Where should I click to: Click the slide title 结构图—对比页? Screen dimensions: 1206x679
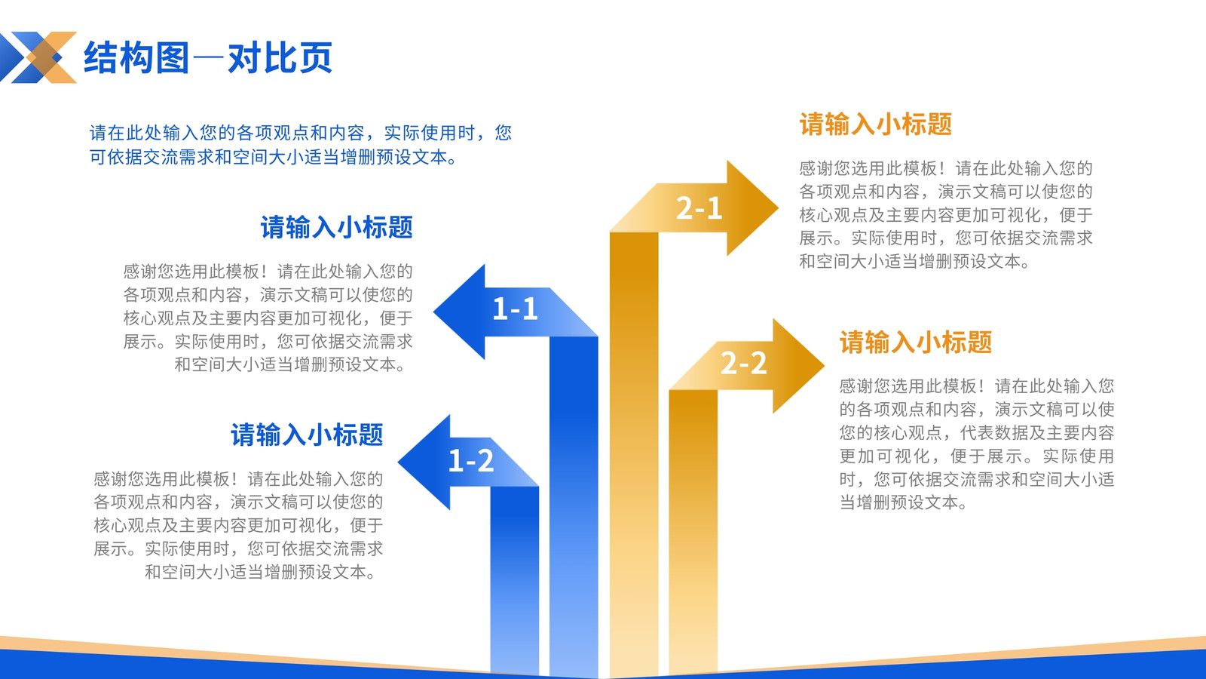(x=208, y=57)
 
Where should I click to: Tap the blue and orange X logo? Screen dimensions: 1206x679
(x=38, y=57)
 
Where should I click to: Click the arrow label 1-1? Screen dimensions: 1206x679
(x=516, y=309)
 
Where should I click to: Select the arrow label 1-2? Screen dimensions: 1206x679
(x=471, y=461)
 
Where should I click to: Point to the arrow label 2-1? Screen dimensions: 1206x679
(x=699, y=208)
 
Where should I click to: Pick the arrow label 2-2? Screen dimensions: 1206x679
(x=743, y=363)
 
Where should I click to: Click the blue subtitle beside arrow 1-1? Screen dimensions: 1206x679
(x=336, y=227)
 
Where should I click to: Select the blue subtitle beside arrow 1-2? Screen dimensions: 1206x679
(x=307, y=435)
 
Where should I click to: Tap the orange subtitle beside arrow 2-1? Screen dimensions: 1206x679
(x=876, y=124)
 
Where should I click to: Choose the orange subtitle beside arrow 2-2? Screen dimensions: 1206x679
(x=916, y=343)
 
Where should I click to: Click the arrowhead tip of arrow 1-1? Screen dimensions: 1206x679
(x=434, y=312)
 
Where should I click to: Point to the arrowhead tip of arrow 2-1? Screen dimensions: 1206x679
(x=778, y=207)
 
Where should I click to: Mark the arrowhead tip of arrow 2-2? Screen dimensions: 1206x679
(x=824, y=365)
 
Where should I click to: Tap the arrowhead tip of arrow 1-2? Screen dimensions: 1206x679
(x=399, y=462)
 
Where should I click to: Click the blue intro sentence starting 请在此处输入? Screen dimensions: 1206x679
(x=301, y=144)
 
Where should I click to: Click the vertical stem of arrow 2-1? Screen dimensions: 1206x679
(x=634, y=453)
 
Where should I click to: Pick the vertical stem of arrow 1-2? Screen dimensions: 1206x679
(x=515, y=579)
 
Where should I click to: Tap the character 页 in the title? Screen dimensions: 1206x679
(x=316, y=57)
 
